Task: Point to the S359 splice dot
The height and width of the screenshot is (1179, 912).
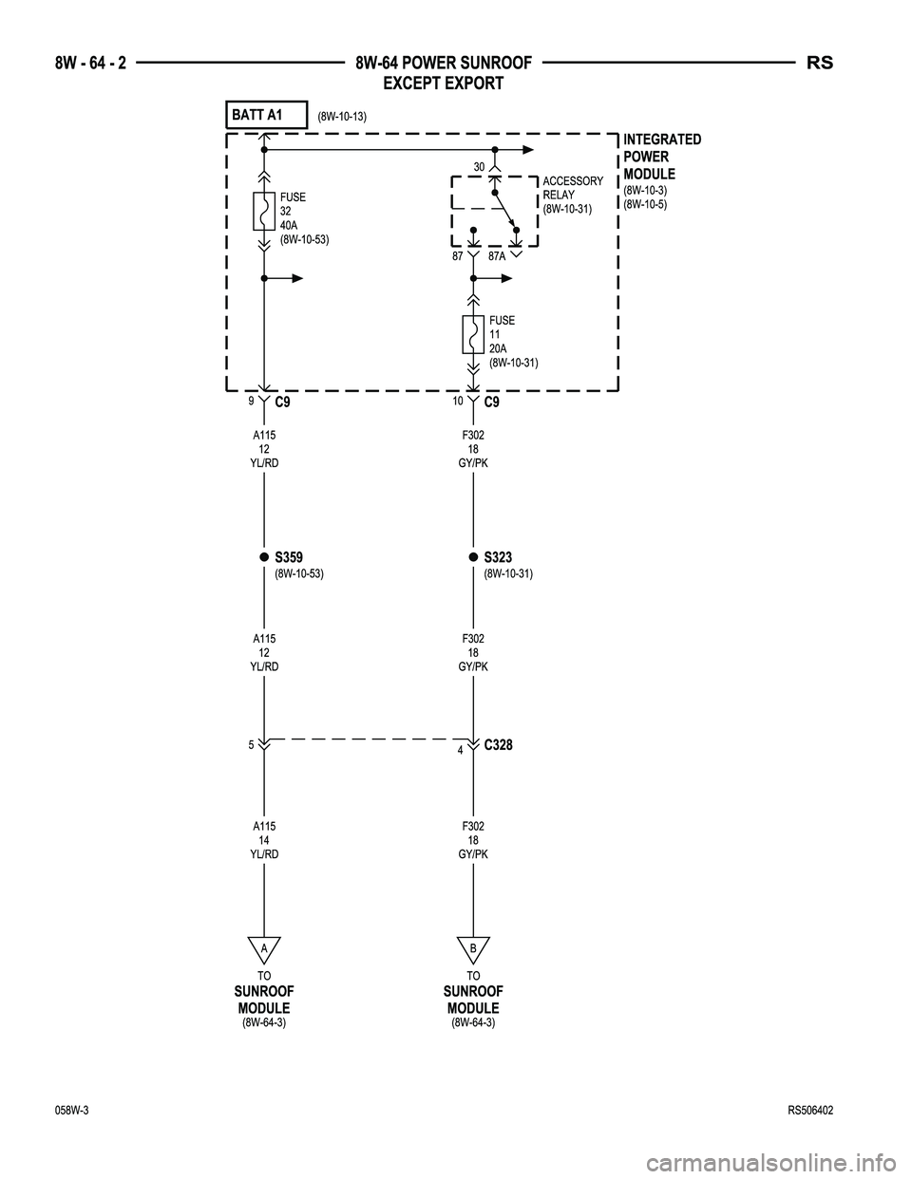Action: [x=264, y=556]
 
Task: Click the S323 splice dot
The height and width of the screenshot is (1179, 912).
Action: [x=473, y=556]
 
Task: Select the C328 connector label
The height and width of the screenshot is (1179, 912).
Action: [x=498, y=745]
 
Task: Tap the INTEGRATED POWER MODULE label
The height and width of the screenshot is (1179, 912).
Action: [x=662, y=157]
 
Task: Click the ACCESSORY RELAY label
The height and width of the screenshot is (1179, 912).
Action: [x=573, y=188]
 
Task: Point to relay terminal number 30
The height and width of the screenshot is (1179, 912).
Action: [x=479, y=167]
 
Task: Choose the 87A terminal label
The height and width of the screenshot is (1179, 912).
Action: [x=497, y=256]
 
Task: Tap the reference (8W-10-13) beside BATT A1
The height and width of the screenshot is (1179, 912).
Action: [x=342, y=117]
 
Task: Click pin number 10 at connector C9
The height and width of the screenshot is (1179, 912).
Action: [x=458, y=401]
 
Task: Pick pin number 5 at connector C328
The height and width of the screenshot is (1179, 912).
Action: [x=251, y=745]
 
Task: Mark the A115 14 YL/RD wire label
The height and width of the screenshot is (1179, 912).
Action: [x=264, y=840]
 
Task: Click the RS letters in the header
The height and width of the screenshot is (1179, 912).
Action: [x=820, y=63]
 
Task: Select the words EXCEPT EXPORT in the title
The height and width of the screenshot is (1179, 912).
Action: [x=444, y=84]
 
